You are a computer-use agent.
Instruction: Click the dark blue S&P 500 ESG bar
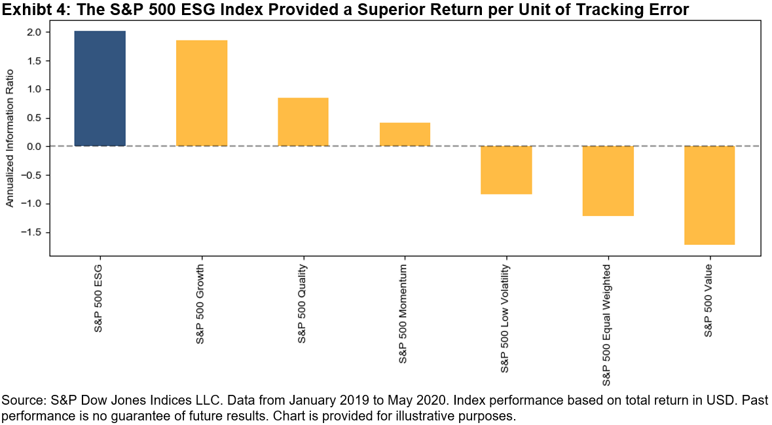100,88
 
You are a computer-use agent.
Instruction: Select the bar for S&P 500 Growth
202,93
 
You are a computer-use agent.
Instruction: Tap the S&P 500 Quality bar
303,122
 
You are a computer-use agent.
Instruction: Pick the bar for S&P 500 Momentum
405,134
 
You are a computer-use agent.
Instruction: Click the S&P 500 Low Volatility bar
506,170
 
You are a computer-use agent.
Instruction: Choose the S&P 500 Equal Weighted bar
608,181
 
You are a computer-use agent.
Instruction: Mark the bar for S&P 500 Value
710,195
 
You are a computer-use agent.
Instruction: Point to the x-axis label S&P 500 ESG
99,299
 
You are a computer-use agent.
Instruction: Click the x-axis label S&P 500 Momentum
404,314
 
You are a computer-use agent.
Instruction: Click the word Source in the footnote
20,400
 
